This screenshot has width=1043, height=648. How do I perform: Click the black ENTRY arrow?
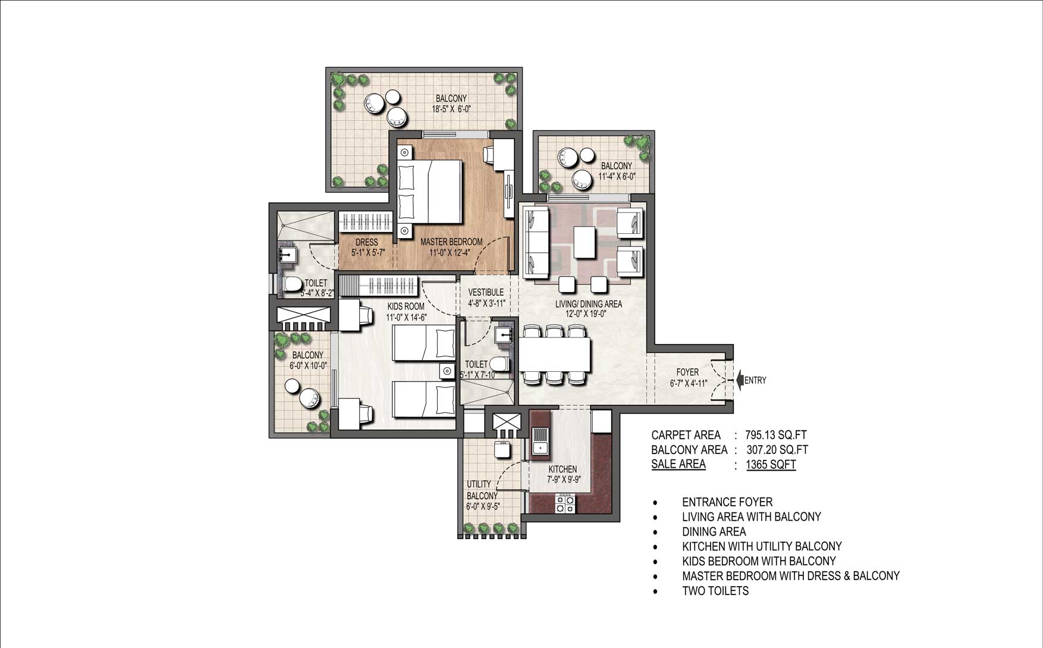point(740,380)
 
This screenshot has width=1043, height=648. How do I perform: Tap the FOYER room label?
point(687,372)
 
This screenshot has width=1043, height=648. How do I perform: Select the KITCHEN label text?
point(563,469)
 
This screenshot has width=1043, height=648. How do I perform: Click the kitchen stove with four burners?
point(565,503)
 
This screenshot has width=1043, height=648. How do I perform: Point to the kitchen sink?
point(541,440)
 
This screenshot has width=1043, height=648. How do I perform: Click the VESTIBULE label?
point(486,292)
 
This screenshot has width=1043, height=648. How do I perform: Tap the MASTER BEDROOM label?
point(451,242)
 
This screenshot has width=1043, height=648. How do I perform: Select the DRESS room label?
point(367,242)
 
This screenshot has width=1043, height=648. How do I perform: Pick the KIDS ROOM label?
point(406,306)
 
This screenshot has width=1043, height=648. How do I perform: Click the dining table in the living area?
point(556,355)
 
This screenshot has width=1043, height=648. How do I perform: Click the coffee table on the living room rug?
point(585,242)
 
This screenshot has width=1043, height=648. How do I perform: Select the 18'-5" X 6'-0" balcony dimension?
point(451,109)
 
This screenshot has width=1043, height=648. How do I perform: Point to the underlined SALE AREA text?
point(678,464)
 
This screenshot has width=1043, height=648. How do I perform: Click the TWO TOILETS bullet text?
point(715,591)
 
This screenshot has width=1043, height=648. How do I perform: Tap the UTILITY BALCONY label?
point(482,490)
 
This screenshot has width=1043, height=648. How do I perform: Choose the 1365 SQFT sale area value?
point(771,465)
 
